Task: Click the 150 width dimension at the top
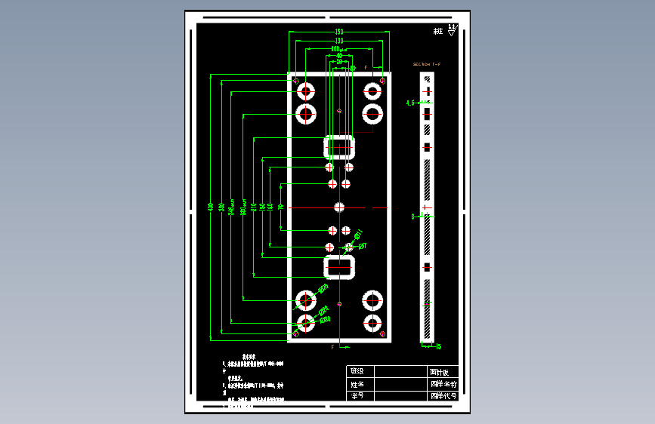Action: tap(339, 31)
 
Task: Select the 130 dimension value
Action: tap(339, 40)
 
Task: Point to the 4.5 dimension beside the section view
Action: tap(410, 102)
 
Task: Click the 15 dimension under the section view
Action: tap(438, 346)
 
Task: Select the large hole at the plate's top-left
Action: tap(306, 92)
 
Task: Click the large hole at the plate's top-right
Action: tap(372, 92)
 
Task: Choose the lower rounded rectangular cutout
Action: tap(340, 267)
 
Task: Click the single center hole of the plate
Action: tap(339, 207)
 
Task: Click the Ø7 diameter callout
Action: tap(362, 246)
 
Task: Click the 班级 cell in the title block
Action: tap(356, 371)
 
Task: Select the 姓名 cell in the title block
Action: tap(356, 383)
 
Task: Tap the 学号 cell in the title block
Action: tap(356, 395)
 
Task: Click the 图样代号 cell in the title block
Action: tap(443, 395)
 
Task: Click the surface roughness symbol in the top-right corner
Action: tap(452, 30)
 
